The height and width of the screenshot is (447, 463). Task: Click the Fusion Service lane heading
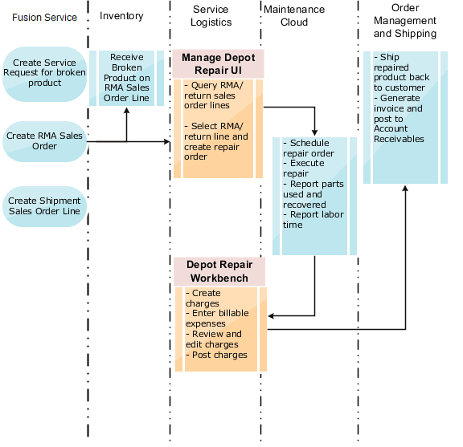[44, 17]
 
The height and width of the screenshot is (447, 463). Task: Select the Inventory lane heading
[121, 15]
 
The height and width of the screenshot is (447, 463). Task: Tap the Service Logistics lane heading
[211, 15]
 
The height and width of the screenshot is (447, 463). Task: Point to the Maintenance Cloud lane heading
[294, 15]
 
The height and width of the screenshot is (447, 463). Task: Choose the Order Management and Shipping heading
[405, 21]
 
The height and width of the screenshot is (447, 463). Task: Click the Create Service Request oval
[44, 73]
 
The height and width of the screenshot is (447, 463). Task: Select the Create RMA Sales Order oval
[44, 141]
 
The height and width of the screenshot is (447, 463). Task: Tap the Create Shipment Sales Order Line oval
[44, 205]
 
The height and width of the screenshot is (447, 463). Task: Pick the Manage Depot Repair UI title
[219, 63]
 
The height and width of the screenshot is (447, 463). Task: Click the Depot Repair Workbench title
[219, 271]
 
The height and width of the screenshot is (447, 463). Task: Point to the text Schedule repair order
[309, 148]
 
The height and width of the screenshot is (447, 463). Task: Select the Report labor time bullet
[310, 220]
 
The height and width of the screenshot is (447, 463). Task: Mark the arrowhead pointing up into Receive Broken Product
[126, 110]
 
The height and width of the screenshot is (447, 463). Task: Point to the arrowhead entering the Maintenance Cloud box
[314, 132]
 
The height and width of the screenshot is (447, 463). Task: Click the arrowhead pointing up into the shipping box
[405, 188]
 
